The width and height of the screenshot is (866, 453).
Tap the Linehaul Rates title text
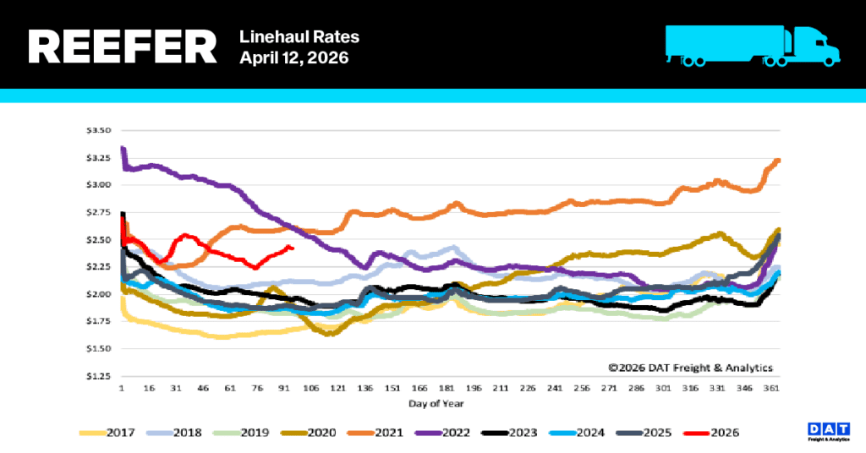point(299,36)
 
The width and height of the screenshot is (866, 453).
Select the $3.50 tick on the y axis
point(99,130)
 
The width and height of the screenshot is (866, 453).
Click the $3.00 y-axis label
point(99,185)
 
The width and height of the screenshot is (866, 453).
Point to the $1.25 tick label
point(99,375)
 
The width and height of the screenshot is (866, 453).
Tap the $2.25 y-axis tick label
point(99,266)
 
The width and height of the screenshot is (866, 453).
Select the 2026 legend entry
point(724,433)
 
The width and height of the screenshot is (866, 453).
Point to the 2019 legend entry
point(254,433)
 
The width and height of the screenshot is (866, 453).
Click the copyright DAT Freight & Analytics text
point(690,368)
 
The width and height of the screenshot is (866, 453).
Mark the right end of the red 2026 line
point(293,248)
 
